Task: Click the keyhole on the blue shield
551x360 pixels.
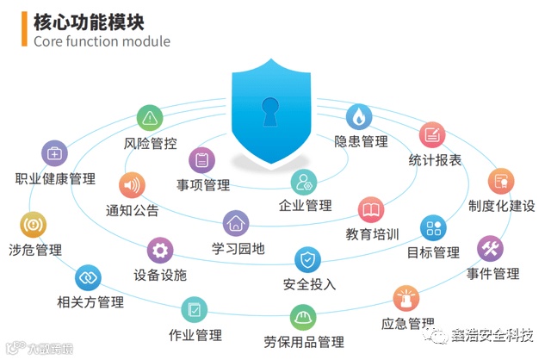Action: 273,109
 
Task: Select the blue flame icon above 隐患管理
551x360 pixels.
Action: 359,116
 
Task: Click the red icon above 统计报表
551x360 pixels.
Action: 432,135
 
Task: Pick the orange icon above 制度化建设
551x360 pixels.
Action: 501,181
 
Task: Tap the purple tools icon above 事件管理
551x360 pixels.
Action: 492,249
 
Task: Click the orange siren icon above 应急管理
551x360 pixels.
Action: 406,299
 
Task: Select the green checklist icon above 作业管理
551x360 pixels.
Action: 195,309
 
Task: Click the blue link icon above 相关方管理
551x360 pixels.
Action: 89,277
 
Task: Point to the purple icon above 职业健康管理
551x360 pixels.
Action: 55,154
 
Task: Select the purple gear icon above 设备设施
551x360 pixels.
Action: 159,251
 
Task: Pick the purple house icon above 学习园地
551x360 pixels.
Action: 236,224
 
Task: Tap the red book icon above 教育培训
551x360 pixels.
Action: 371,209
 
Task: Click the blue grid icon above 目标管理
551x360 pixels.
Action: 432,228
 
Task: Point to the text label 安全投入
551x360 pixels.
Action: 309,284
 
